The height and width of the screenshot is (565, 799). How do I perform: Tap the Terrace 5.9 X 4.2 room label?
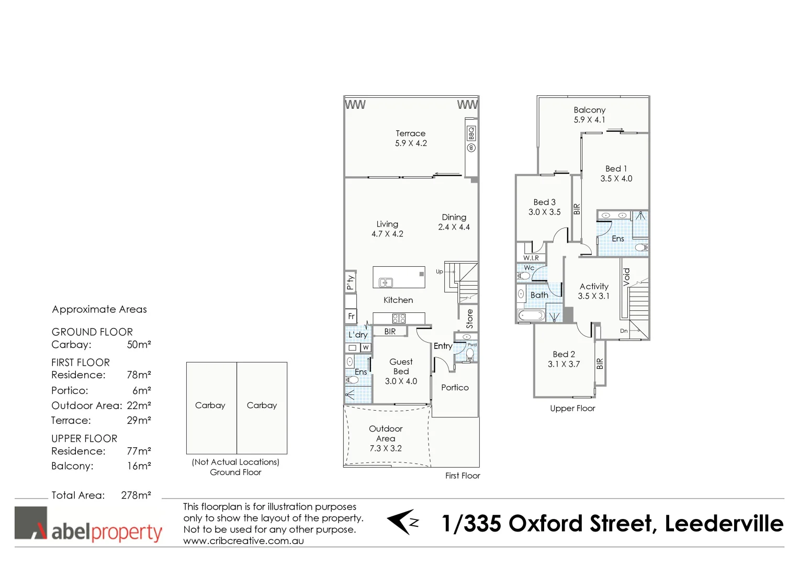coord(411,138)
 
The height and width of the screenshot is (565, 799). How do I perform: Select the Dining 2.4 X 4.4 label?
coord(454,222)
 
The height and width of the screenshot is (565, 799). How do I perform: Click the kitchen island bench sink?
coord(386,282)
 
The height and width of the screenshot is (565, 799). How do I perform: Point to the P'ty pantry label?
coord(350,282)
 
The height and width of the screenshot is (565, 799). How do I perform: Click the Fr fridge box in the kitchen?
coord(351,316)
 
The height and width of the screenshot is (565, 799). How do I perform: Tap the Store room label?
coord(469,319)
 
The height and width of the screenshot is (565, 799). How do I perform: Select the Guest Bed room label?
coord(401,371)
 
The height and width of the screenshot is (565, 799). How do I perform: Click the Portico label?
coord(455,387)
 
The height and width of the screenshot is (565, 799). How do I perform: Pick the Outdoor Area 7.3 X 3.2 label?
coord(386,438)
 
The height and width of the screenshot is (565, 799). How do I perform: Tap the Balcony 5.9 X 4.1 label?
coord(589,115)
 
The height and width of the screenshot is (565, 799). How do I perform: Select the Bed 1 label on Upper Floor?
coord(616,173)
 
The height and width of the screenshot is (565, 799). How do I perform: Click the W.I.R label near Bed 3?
coord(531,258)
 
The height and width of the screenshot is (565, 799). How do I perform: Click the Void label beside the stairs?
coord(626,277)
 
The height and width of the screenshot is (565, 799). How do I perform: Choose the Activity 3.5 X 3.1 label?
coord(593,291)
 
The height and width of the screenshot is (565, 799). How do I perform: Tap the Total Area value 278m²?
coord(136,495)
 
